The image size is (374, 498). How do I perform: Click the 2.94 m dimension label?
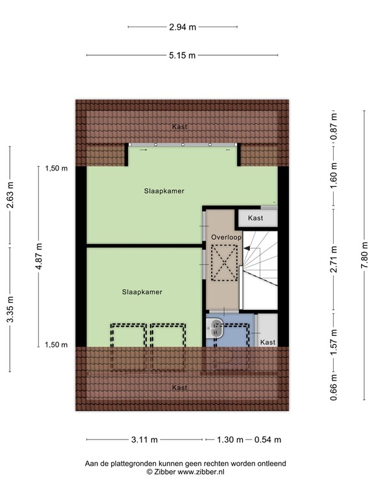pyautogui.click(x=182, y=27)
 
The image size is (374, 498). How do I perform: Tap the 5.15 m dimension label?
pyautogui.click(x=182, y=56)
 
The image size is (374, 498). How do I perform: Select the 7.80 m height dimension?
pyautogui.click(x=364, y=255)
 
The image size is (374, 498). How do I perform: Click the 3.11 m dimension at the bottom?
pyautogui.click(x=145, y=440)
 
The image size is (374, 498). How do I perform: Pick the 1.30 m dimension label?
pyautogui.click(x=230, y=440)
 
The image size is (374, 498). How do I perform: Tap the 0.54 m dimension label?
pyautogui.click(x=268, y=440)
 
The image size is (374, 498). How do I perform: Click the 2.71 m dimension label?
pyautogui.click(x=334, y=255)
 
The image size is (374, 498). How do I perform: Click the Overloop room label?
pyautogui.click(x=226, y=238)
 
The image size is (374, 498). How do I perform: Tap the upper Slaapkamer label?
pyautogui.click(x=164, y=191)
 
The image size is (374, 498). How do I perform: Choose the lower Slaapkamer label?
pyautogui.click(x=142, y=292)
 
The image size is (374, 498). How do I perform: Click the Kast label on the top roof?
pyautogui.click(x=180, y=127)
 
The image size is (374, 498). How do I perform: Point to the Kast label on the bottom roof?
pyautogui.click(x=180, y=388)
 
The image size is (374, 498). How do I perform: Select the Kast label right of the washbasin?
pyautogui.click(x=268, y=342)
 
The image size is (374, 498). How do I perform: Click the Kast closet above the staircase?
pyautogui.click(x=256, y=219)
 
